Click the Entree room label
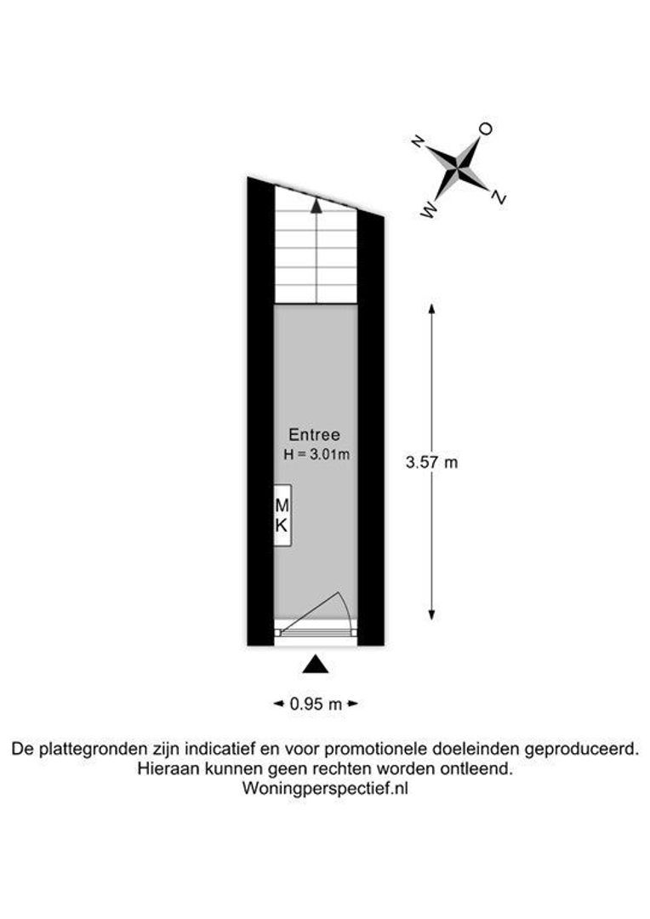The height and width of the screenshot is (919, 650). [314, 435]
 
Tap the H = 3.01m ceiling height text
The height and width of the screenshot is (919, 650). [317, 454]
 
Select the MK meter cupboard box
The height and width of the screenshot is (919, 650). [283, 516]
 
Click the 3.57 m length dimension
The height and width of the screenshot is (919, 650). [432, 462]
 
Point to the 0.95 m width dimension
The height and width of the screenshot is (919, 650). [316, 704]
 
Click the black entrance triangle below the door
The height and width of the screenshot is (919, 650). [316, 664]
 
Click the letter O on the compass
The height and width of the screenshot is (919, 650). [485, 129]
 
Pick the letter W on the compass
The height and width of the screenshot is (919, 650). [430, 210]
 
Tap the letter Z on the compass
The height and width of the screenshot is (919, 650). [499, 197]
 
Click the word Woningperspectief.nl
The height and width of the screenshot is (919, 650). [325, 789]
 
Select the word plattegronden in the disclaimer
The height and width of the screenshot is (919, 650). [94, 749]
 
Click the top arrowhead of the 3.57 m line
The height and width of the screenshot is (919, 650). [432, 308]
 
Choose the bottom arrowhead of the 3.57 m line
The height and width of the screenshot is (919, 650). [432, 615]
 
